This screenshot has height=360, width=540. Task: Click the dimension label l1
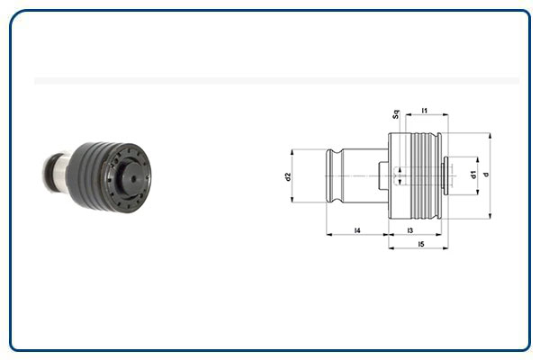point(424,111)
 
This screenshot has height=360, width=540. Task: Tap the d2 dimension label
point(288,176)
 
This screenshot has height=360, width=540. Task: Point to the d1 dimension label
point(473,174)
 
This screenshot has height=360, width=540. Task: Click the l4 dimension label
point(357,231)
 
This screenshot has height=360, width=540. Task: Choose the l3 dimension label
point(410,231)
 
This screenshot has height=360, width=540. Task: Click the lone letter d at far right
point(486,174)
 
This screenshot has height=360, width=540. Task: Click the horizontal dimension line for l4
point(357,236)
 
